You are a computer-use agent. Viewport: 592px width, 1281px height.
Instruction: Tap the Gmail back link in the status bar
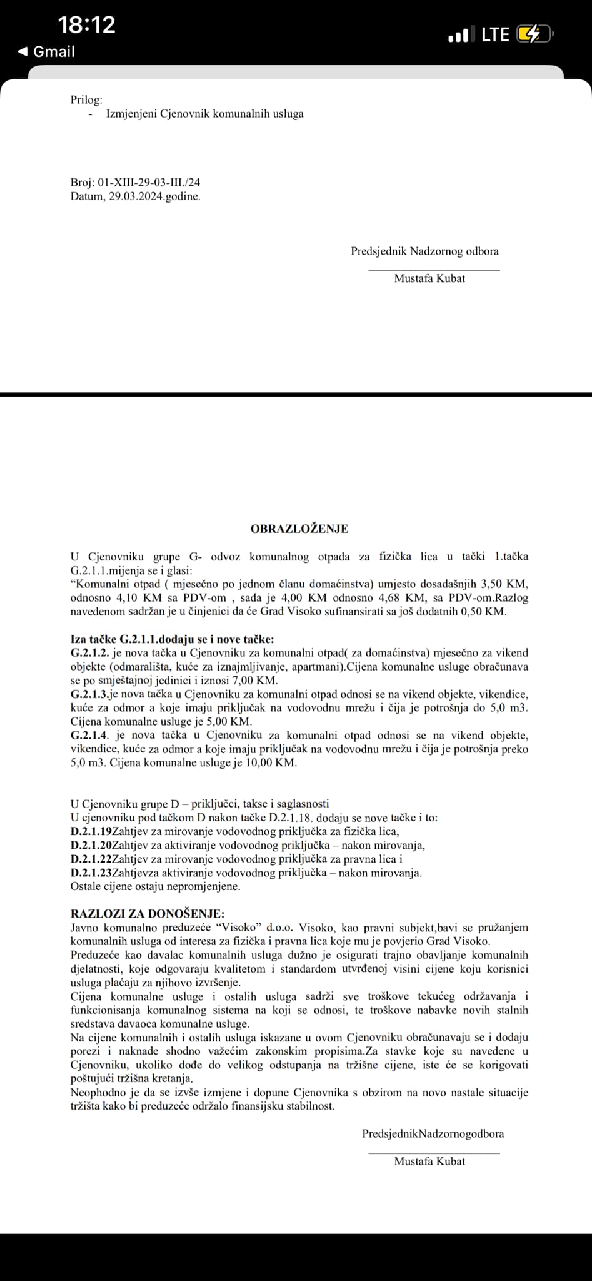pos(47,51)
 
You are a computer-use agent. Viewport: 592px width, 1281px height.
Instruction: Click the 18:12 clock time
pos(87,25)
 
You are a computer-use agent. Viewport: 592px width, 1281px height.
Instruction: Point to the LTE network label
pos(496,34)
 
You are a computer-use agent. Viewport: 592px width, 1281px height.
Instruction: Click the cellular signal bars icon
pos(461,35)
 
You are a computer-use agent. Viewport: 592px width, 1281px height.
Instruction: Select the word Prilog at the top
pos(86,99)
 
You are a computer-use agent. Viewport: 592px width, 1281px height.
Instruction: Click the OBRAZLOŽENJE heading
pos(299,529)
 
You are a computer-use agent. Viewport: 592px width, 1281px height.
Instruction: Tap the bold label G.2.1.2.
pos(89,653)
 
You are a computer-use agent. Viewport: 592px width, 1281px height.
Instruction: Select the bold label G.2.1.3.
pos(89,694)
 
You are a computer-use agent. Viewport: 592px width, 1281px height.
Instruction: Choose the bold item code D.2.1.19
pos(91,831)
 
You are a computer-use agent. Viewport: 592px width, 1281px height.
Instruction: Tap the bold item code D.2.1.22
pos(91,859)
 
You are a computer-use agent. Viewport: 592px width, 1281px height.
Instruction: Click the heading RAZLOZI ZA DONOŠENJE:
pos(148,913)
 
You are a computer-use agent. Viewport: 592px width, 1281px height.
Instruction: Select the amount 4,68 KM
pos(399,598)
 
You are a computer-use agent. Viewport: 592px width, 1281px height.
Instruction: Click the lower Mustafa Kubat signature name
pos(429,1161)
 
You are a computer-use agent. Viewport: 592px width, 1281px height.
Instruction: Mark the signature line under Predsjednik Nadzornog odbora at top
pos(434,270)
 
